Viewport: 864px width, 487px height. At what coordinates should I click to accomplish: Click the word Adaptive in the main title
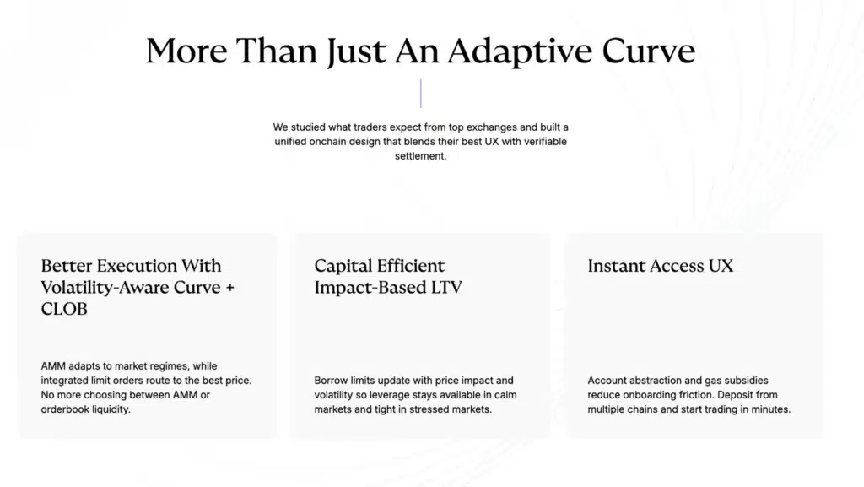pyautogui.click(x=520, y=51)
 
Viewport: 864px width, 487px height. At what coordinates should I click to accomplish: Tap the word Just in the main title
pyautogui.click(x=356, y=51)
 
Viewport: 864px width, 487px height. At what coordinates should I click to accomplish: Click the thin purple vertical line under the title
pyautogui.click(x=421, y=93)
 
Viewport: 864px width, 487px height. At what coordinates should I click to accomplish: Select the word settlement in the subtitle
pyautogui.click(x=420, y=156)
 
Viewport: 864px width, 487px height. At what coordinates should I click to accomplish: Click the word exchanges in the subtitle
pyautogui.click(x=492, y=127)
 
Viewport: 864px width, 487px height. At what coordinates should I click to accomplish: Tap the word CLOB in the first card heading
pyautogui.click(x=64, y=309)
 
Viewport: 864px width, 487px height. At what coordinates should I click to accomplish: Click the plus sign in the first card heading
pyautogui.click(x=229, y=288)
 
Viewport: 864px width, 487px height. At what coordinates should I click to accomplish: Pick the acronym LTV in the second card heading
pyautogui.click(x=446, y=288)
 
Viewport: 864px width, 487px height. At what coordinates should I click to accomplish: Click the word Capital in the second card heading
pyautogui.click(x=341, y=266)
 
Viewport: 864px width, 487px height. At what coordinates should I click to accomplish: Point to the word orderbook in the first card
pyautogui.click(x=63, y=409)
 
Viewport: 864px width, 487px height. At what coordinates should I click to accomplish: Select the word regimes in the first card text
pyautogui.click(x=168, y=366)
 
